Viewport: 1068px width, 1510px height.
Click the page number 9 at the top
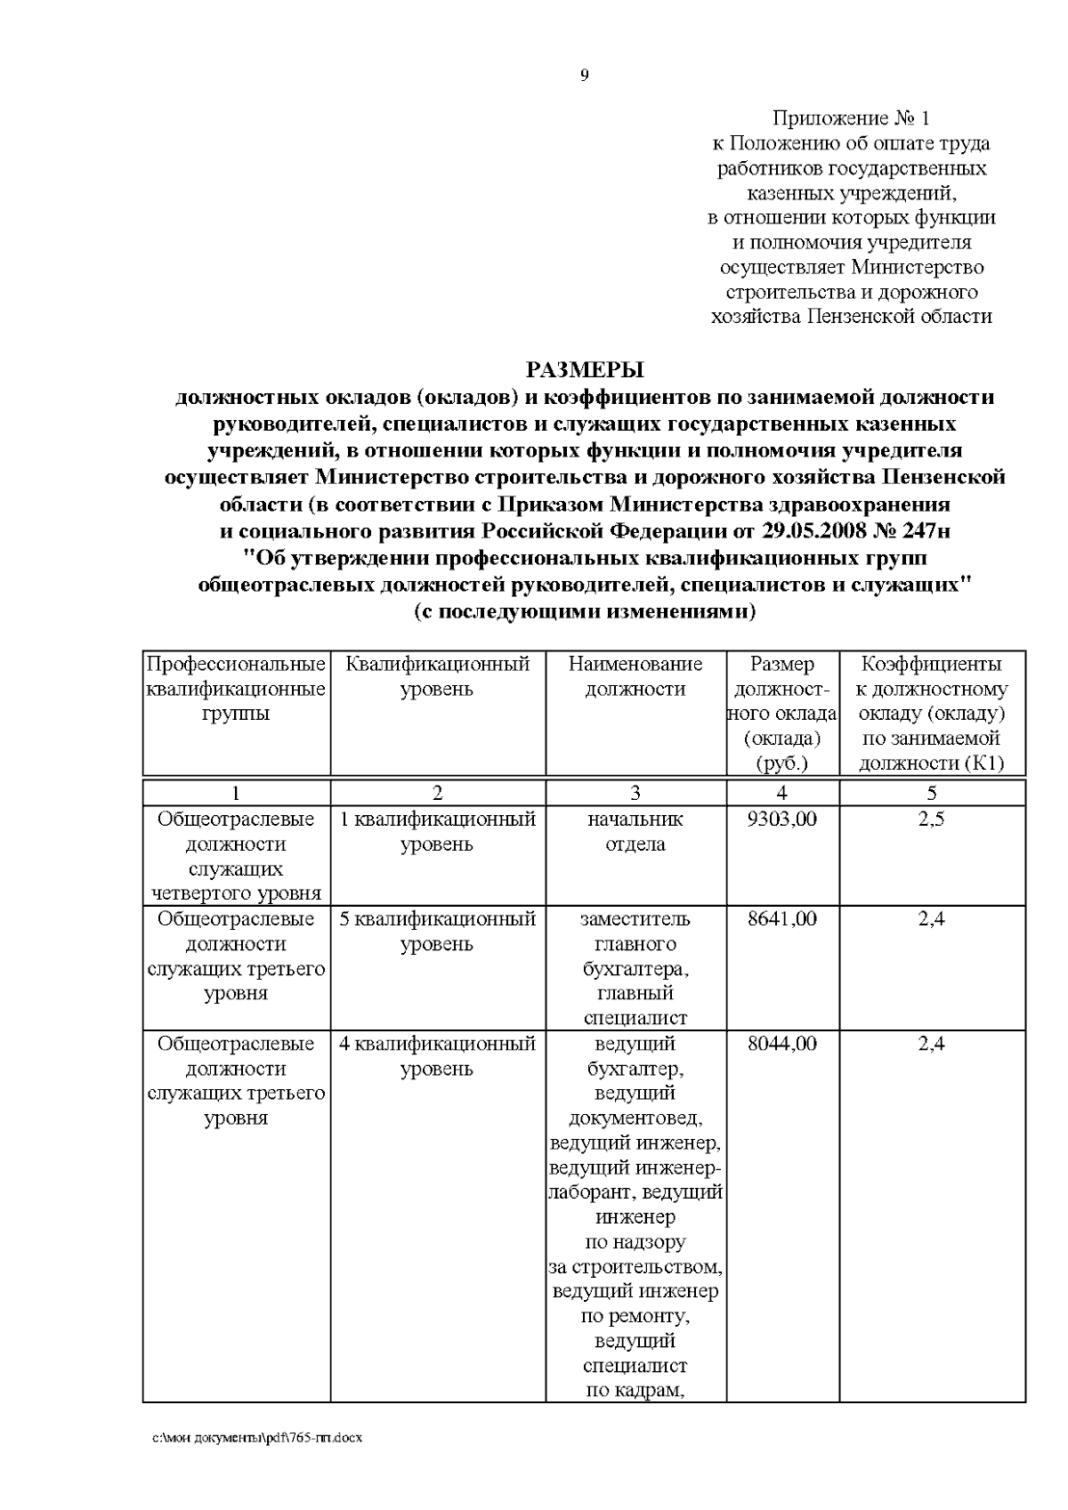click(584, 76)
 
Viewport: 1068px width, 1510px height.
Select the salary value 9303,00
click(782, 819)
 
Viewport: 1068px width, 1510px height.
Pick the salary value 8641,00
click(782, 918)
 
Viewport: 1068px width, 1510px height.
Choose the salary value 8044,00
click(782, 1043)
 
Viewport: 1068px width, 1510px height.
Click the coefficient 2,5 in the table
click(931, 819)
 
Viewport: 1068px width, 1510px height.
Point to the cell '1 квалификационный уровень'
click(437, 831)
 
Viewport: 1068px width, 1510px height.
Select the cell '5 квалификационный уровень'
click(437, 931)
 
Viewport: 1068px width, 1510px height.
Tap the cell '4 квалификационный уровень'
click(437, 1055)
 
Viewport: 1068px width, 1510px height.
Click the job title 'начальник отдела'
click(635, 831)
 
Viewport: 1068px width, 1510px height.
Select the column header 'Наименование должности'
click(635, 676)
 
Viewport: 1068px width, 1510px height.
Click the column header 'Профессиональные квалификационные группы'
click(236, 689)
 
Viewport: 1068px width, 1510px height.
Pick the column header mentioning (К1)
click(931, 714)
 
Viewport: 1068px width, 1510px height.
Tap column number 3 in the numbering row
click(635, 793)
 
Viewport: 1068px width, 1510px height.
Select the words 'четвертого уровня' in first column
click(236, 893)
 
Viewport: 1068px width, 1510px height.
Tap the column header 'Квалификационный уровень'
click(437, 676)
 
